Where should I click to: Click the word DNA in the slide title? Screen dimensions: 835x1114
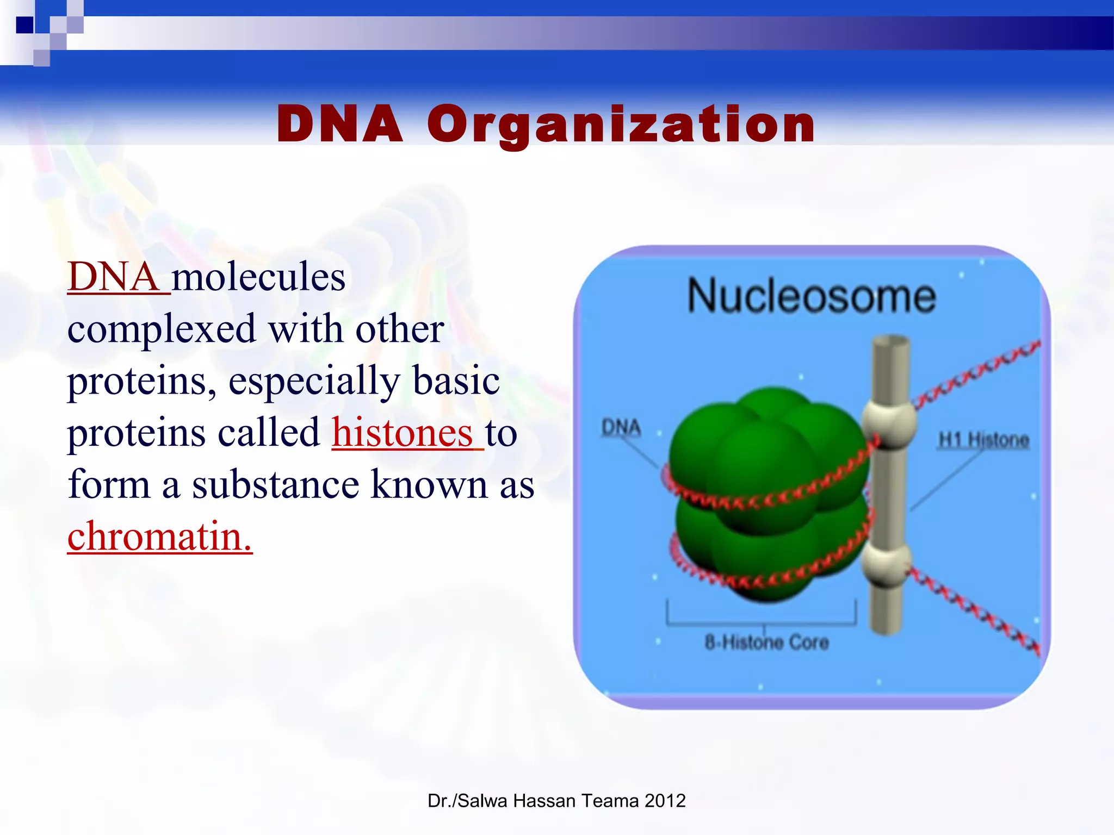pyautogui.click(x=340, y=125)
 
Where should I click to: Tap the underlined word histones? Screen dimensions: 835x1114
pyautogui.click(x=403, y=433)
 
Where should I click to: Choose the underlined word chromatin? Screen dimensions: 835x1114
pyautogui.click(x=159, y=537)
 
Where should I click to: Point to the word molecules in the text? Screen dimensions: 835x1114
pyautogui.click(x=258, y=277)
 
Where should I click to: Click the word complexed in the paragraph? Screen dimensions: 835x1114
pyautogui.click(x=161, y=329)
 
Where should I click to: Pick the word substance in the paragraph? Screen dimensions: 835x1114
pyautogui.click(x=275, y=485)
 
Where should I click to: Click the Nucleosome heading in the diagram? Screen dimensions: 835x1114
pyautogui.click(x=811, y=296)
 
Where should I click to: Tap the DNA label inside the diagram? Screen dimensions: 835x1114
pyautogui.click(x=621, y=428)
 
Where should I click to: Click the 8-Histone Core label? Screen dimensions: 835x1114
pyautogui.click(x=766, y=643)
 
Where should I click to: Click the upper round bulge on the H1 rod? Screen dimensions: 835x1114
pyautogui.click(x=889, y=424)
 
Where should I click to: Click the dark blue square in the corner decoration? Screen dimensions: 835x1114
pyautogui.click(x=24, y=25)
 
